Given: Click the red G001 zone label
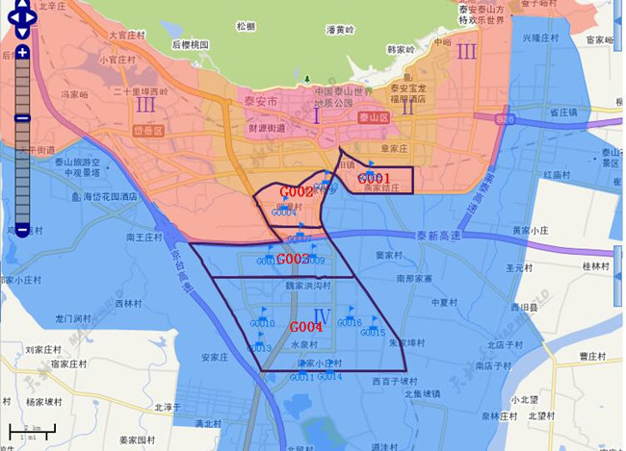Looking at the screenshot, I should [x=373, y=179].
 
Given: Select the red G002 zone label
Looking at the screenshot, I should [x=297, y=192].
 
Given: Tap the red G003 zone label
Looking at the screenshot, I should [x=293, y=260].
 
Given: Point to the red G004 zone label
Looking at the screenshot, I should [x=306, y=327].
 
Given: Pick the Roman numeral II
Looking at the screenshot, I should [x=407, y=107].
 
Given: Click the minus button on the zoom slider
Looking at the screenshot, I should [x=22, y=231].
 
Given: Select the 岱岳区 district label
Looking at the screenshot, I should [x=149, y=130].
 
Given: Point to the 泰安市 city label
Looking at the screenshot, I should [x=258, y=101].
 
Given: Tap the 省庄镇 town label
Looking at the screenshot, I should [x=562, y=113].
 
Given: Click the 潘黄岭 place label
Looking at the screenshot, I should [x=342, y=30].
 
